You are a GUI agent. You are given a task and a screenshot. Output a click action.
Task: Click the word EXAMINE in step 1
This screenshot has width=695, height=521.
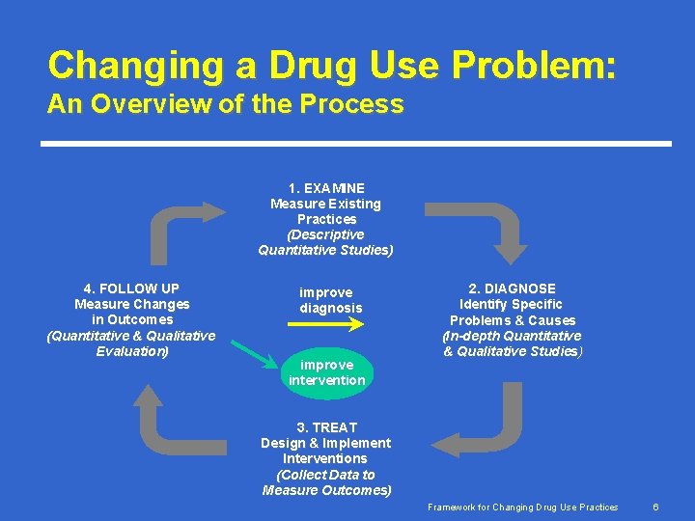pyautogui.click(x=334, y=188)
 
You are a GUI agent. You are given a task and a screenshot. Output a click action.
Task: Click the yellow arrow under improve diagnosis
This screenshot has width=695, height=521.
pyautogui.click(x=327, y=325)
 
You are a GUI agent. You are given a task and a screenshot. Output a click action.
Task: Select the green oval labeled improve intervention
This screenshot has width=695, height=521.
pyautogui.click(x=326, y=372)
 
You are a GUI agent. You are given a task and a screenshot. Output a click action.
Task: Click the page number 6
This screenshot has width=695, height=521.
pyautogui.click(x=655, y=507)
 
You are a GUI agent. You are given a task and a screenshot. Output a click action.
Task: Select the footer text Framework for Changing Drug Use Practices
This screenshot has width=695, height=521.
pyautogui.click(x=523, y=507)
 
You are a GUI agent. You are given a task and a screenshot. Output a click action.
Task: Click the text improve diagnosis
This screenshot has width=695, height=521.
pyautogui.click(x=330, y=300)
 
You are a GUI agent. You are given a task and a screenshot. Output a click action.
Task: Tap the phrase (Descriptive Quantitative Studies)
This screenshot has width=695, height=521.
pyautogui.click(x=325, y=242)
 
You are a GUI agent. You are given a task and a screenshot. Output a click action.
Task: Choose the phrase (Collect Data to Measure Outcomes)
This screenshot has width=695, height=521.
pyautogui.click(x=326, y=482)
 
